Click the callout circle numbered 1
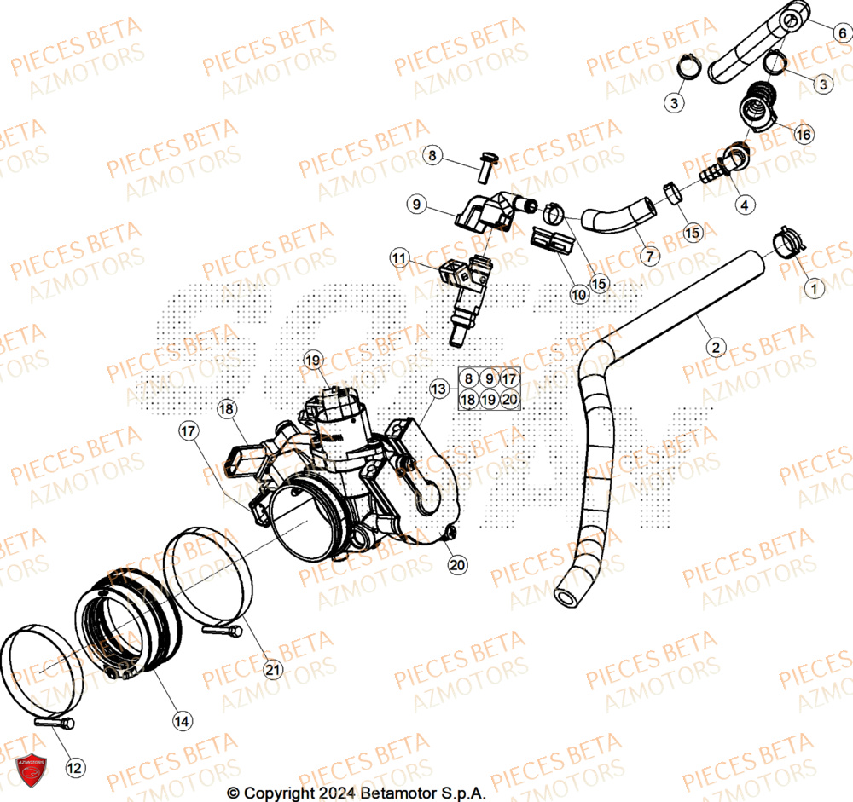813,289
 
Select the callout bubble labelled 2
716,347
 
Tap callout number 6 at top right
841,33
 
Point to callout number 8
433,156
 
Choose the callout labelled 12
74,767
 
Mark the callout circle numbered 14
182,721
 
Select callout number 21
272,670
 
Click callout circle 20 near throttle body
457,564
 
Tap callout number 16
804,135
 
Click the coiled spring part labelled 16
757,105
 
